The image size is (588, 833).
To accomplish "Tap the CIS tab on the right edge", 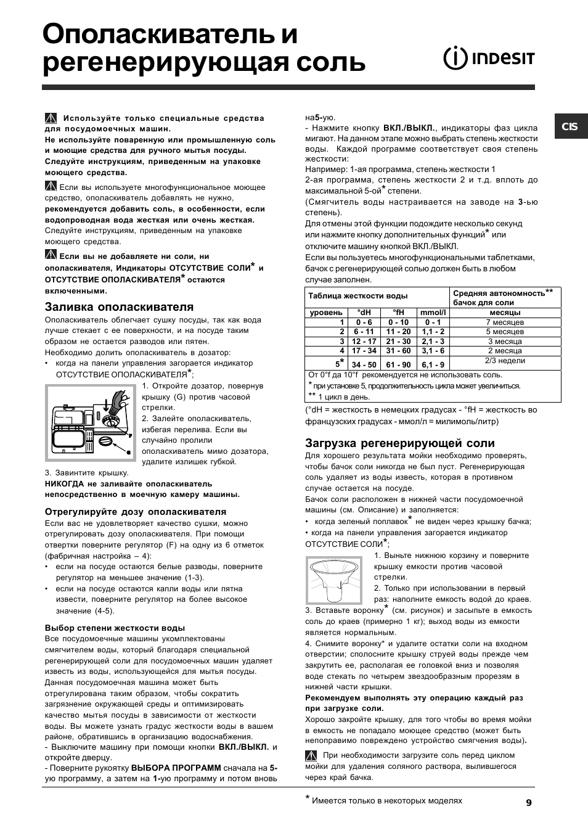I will point(570,126).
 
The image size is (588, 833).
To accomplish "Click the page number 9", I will point(529,802).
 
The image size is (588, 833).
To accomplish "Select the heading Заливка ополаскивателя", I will point(119,307).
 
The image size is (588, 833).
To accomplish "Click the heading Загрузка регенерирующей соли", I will point(400,443).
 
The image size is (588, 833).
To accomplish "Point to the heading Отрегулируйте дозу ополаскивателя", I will point(136,512).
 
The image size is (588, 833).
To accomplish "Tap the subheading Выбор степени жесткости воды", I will point(115,628).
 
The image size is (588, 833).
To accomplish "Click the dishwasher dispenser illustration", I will point(91,422).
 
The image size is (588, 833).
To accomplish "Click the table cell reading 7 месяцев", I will point(505,322).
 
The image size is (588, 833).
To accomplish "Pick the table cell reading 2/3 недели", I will point(505,361).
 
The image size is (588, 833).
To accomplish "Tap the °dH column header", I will point(364,313).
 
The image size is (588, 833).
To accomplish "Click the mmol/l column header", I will point(432,313).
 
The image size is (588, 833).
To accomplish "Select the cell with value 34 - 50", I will point(364,365).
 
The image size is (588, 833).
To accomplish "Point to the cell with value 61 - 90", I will point(398,365).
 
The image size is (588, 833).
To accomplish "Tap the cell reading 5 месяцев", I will point(505,331).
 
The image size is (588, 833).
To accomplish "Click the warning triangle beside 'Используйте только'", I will point(51,118).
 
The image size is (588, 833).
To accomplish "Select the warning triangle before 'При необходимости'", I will point(311,755).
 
